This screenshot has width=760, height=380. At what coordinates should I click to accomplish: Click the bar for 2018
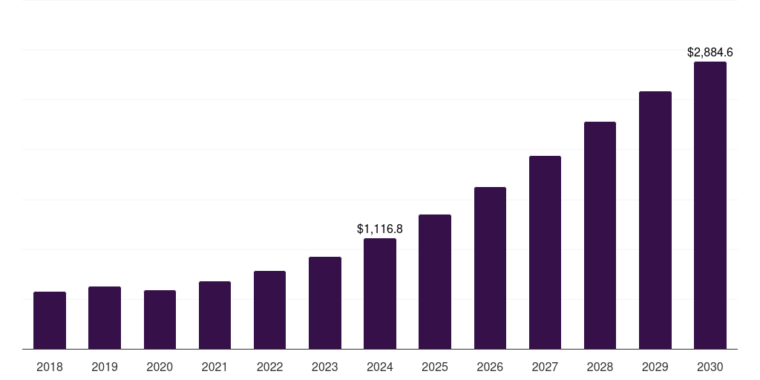tap(50, 321)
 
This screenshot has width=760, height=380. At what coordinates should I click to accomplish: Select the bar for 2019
tap(105, 318)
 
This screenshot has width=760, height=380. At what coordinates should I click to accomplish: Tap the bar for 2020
tap(160, 320)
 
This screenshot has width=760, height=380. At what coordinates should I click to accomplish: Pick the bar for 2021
tap(214, 315)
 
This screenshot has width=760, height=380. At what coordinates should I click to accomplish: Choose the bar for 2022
tap(269, 310)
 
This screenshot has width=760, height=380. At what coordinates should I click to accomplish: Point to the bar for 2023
tap(325, 303)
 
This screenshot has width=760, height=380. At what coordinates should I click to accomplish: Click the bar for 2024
tap(380, 294)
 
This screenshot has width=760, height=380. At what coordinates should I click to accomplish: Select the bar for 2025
tap(435, 282)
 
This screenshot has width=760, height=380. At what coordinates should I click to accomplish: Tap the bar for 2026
tap(490, 268)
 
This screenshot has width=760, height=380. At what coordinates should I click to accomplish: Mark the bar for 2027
tap(545, 252)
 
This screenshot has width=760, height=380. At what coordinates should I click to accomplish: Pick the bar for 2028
tap(600, 235)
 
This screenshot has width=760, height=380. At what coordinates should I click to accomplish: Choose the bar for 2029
tap(655, 220)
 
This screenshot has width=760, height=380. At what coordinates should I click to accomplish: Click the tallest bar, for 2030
tap(710, 206)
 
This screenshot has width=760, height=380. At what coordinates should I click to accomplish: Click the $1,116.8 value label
tap(380, 229)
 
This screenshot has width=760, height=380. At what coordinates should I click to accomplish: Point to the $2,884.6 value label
tap(710, 52)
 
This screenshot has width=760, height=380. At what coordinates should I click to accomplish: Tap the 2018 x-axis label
tap(50, 367)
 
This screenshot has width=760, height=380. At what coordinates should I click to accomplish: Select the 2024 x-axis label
tap(380, 367)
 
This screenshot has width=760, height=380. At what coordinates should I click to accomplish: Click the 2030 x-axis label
tap(710, 367)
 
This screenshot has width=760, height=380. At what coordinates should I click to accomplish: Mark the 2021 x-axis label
tap(214, 367)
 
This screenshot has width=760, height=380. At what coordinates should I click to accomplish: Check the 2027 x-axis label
tap(545, 367)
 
